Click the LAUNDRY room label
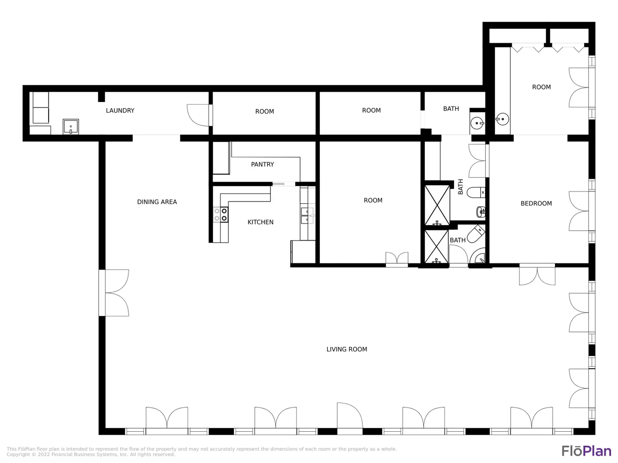coord(120,111)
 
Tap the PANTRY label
coord(262,164)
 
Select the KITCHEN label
coord(261,222)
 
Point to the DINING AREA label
coord(157,202)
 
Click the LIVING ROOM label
coord(347,349)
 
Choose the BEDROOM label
coord(536,203)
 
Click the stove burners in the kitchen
coord(221,214)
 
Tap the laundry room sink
coord(71,126)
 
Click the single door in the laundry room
coord(199,115)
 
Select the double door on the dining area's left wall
coord(114,293)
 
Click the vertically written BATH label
coord(460,186)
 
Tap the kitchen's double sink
coord(307,215)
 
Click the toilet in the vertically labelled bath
coord(476,192)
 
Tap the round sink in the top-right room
coord(502,119)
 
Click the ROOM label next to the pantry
coord(373,200)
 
